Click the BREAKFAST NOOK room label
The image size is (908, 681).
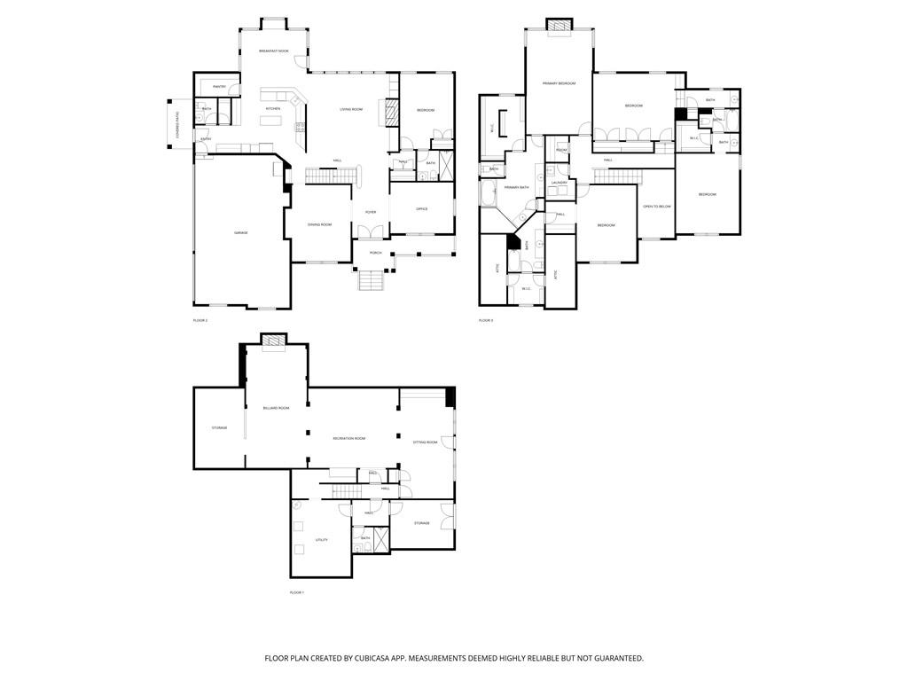tap(274, 51)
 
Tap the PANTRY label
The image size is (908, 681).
tap(219, 86)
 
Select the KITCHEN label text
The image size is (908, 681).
tap(273, 108)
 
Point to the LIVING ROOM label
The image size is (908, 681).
tap(351, 109)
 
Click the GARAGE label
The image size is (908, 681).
tap(240, 232)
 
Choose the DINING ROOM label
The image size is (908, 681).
tap(319, 224)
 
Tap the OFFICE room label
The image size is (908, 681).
tap(422, 208)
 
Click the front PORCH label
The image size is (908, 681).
tap(376, 253)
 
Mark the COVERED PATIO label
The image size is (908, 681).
tap(178, 124)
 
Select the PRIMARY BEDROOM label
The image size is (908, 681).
tap(560, 83)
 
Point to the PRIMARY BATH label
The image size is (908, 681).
tap(517, 187)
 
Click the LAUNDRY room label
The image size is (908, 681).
tap(559, 183)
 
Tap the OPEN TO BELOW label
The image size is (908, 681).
tap(657, 206)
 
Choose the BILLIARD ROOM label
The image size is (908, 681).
tap(276, 408)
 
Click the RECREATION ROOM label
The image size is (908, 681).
tap(349, 438)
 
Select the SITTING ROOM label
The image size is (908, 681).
tap(426, 442)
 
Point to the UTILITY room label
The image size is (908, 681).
tap(322, 539)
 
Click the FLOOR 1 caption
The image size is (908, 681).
tap(297, 592)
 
